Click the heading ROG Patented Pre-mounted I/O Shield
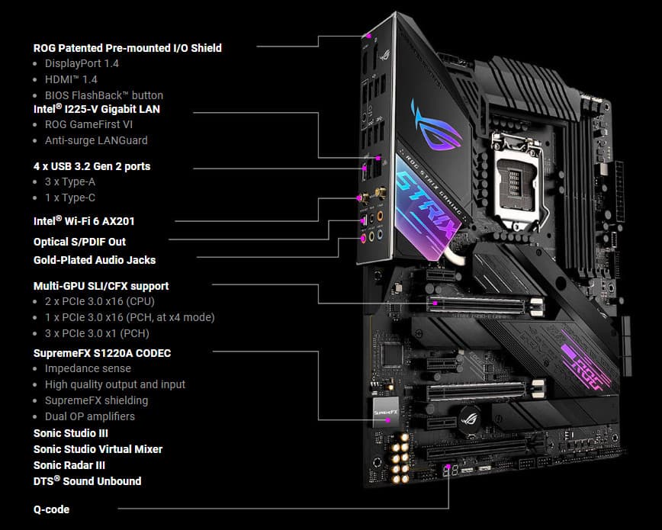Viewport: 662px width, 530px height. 127,48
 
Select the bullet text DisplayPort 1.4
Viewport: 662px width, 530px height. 82,64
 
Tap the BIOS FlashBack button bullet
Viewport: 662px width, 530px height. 104,95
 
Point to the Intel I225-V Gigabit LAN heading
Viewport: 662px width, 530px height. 97,109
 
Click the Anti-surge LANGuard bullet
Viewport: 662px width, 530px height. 96,140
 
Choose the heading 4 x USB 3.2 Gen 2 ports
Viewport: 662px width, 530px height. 92,166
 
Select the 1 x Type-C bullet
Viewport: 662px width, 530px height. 70,198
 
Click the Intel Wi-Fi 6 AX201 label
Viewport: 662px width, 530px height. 84,221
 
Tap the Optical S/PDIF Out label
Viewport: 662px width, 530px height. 80,242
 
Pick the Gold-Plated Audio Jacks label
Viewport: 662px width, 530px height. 95,260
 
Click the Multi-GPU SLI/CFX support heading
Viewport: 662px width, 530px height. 101,286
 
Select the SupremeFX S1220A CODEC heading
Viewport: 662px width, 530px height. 102,353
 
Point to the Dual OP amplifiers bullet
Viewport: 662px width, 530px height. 90,416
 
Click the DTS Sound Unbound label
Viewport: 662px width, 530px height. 88,481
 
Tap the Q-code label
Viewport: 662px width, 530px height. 52,509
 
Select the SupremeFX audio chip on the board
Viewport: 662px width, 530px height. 386,411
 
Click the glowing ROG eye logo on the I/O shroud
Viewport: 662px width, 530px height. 436,125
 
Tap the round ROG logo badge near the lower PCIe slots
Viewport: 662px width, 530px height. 470,419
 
